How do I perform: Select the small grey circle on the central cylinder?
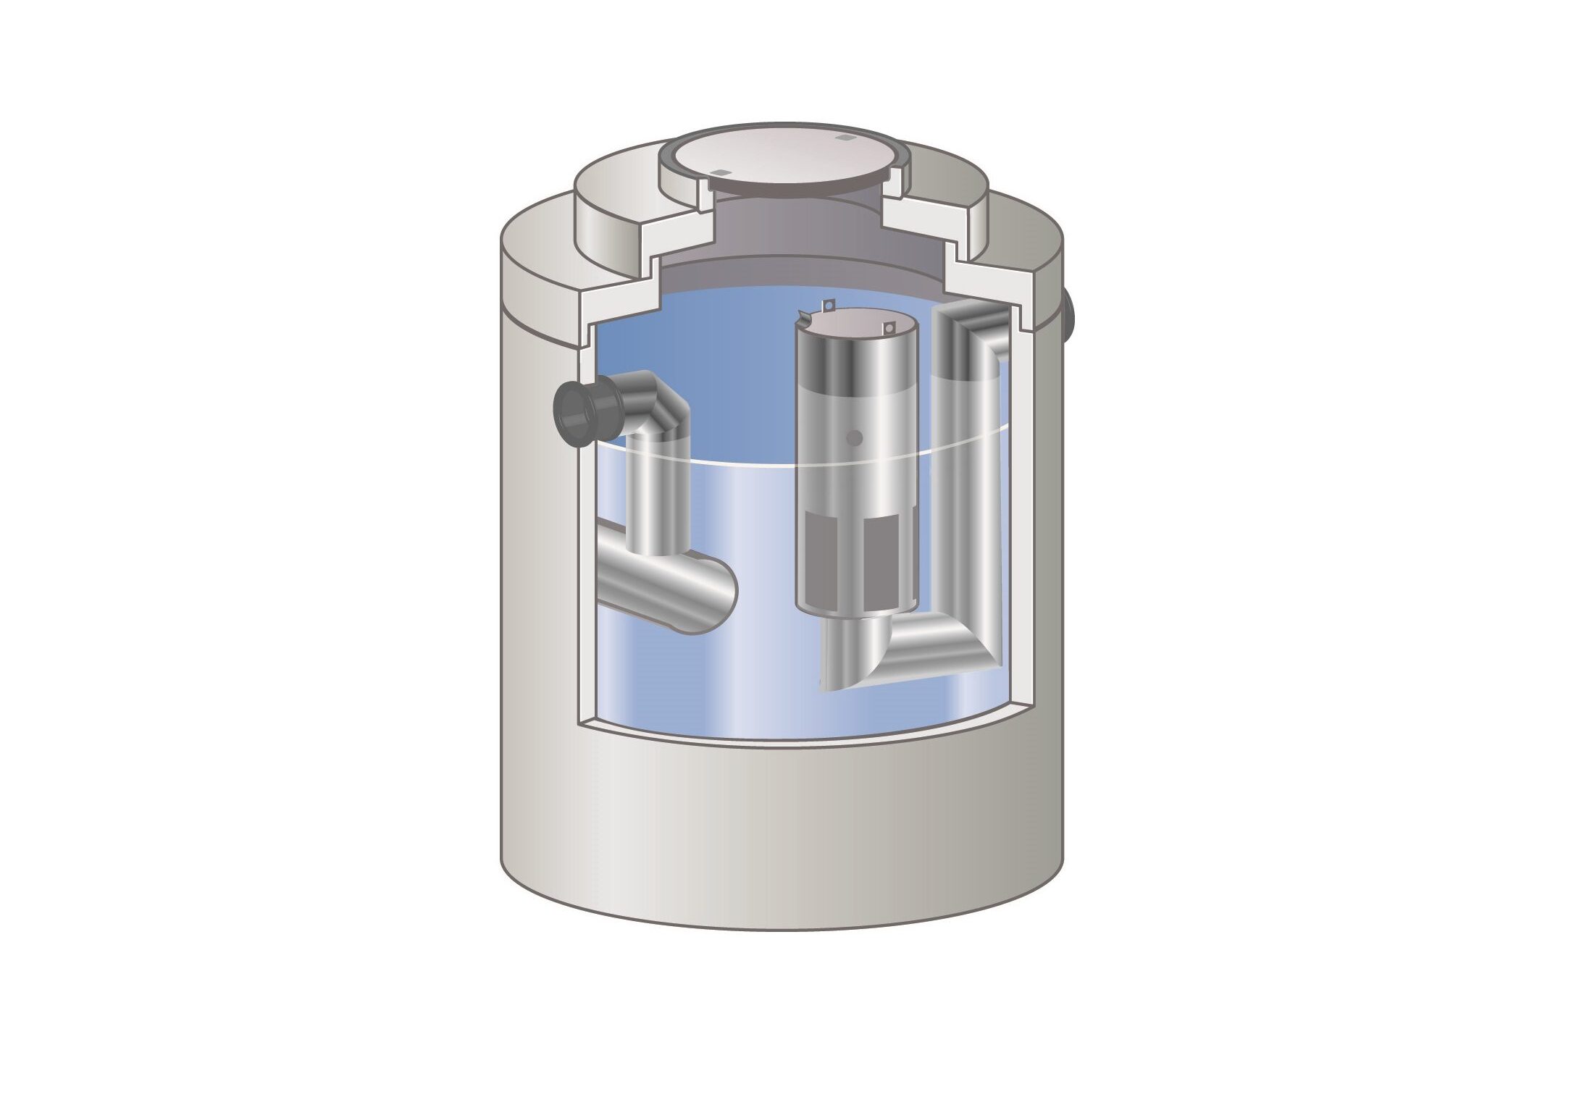855,437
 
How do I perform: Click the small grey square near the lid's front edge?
719,172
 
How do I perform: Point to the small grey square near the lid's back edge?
842,138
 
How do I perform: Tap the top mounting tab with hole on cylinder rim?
829,305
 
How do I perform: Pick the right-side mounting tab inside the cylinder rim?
887,329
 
